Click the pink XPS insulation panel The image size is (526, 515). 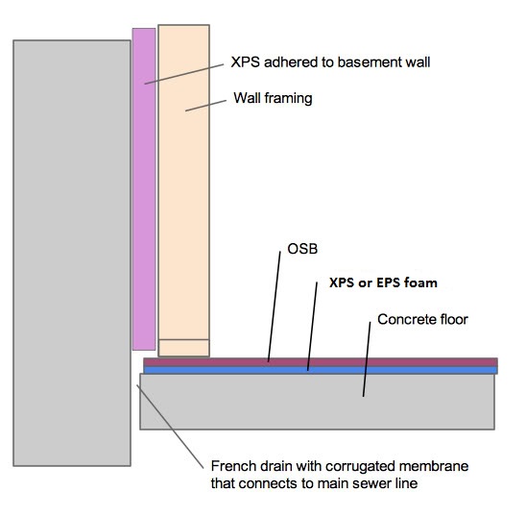tap(144, 189)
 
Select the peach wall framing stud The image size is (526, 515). tap(184, 182)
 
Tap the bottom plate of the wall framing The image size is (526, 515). tap(184, 348)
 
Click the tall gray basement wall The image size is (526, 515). tap(72, 253)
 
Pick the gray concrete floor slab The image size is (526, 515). tap(317, 402)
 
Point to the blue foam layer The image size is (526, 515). tap(321, 370)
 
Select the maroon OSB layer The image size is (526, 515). tap(321, 362)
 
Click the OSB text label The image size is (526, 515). tap(302, 249)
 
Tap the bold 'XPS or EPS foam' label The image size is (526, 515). tap(383, 282)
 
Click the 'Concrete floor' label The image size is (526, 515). tap(422, 319)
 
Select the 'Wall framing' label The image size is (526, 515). tap(273, 98)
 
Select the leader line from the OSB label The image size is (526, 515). tap(275, 307)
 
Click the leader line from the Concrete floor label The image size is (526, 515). tap(367, 359)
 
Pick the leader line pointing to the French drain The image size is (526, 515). tap(170, 427)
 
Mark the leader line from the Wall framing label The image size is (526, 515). tap(205, 106)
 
